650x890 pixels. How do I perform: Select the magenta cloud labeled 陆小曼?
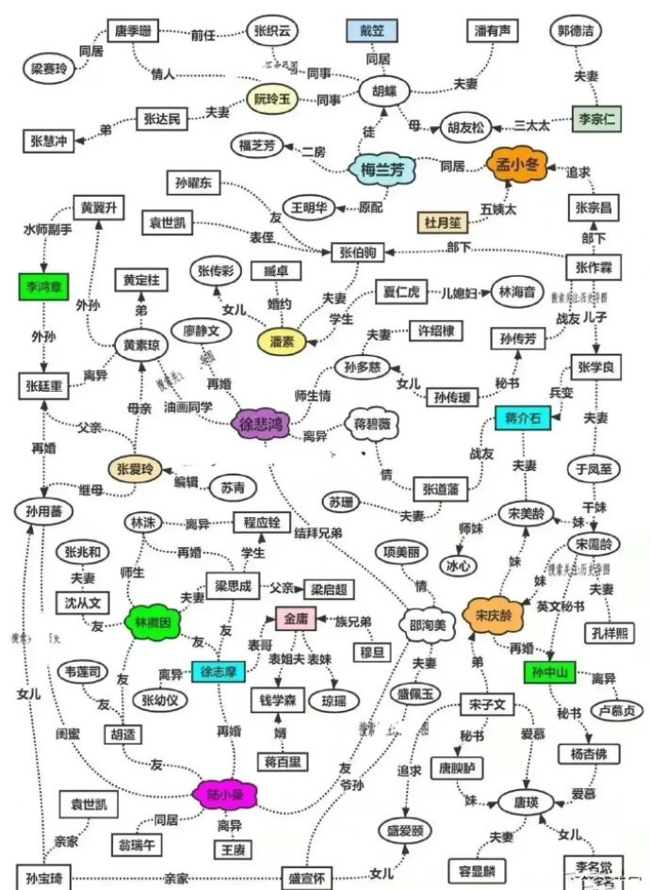coord(223,793)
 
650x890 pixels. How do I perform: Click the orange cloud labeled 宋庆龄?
coord(492,614)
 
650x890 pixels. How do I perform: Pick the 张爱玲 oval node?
coord(135,469)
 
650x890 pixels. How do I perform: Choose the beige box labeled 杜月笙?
coord(443,222)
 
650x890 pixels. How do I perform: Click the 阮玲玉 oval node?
coord(270,98)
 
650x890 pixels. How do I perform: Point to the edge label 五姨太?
coord(499,206)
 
